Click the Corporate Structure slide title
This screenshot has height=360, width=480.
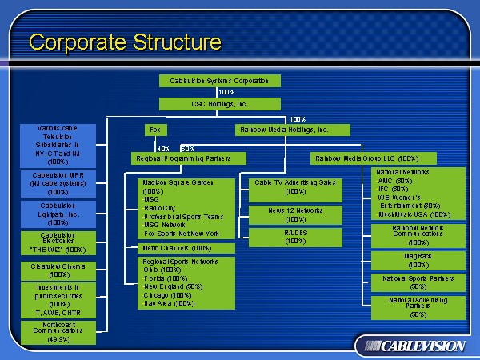125,41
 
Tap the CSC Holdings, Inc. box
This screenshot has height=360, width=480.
220,104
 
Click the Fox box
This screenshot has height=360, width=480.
155,129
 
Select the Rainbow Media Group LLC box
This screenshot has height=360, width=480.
366,158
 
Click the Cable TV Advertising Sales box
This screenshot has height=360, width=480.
295,186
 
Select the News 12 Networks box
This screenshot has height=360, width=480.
295,214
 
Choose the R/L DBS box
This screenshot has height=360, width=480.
295,237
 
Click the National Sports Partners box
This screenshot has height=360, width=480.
418,282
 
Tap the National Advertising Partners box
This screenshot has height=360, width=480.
418,307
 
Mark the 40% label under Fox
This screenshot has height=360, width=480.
163,148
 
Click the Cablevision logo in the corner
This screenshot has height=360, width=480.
411,346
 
